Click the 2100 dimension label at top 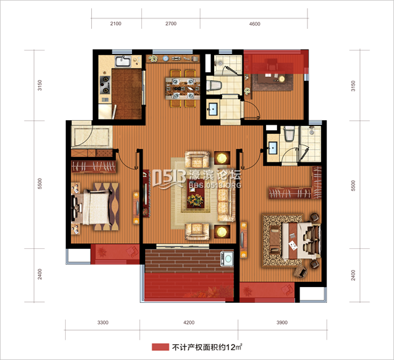point(116,24)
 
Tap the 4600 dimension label point(255,24)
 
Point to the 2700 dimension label point(171,24)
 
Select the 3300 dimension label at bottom point(103,323)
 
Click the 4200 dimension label point(188,323)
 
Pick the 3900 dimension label point(282,323)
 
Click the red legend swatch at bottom point(160,347)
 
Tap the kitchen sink point(123,61)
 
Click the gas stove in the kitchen point(105,85)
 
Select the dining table point(183,89)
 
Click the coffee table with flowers point(196,194)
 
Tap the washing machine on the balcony point(227,259)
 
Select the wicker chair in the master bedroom point(301,272)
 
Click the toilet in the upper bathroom point(214,85)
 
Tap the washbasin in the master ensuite point(273,148)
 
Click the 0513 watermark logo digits point(169,178)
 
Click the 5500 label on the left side point(39,183)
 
